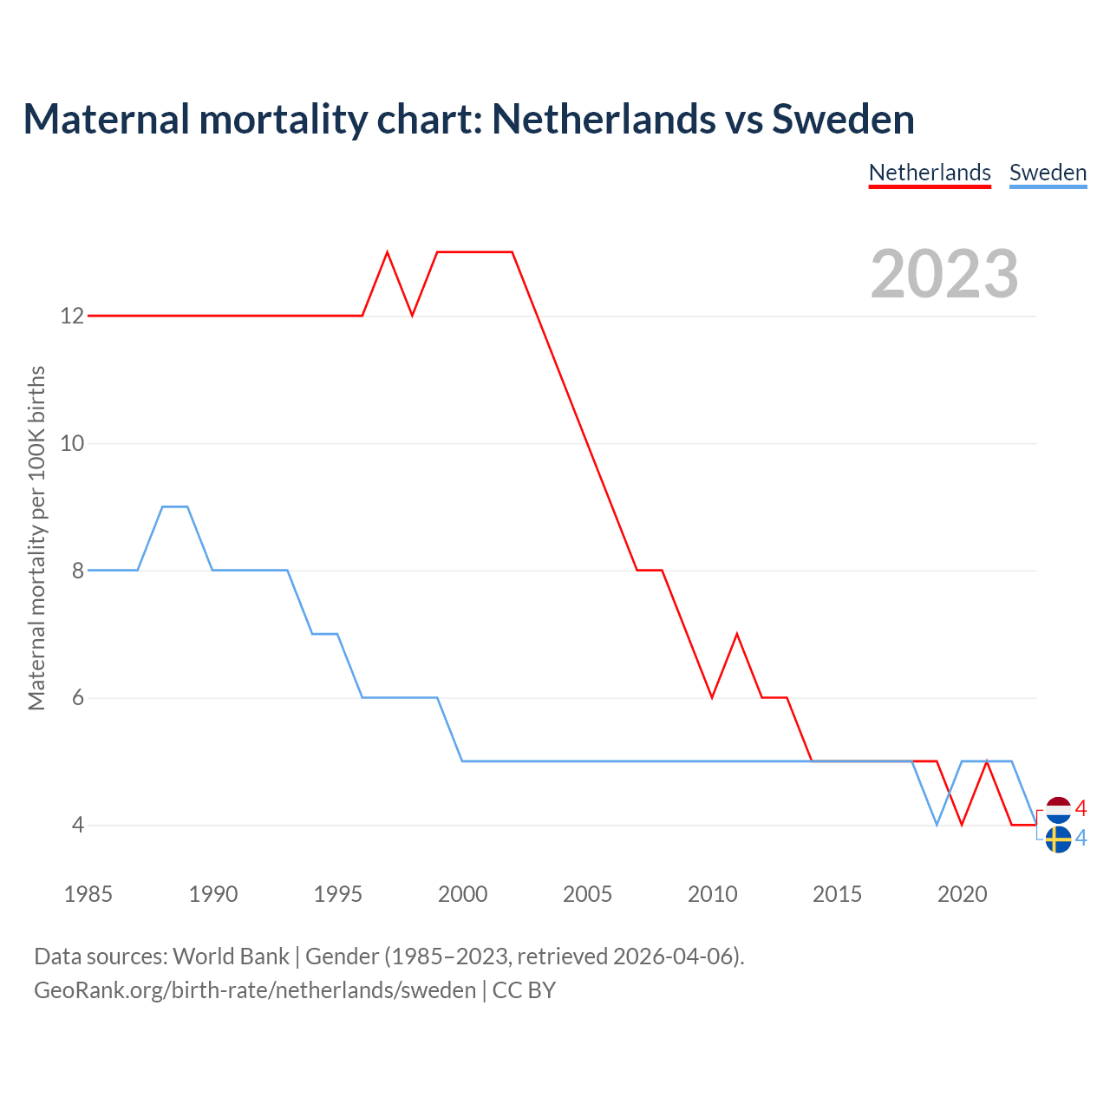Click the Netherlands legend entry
tap(930, 173)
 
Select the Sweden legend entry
tap(1048, 173)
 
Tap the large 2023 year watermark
tap(944, 274)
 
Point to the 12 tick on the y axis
tap(72, 317)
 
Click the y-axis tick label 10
tap(72, 444)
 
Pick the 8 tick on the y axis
tap(77, 571)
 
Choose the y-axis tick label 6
tap(77, 698)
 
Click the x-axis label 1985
tap(88, 894)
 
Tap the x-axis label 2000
tap(462, 894)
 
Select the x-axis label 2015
tap(837, 894)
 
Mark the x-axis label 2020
tap(962, 894)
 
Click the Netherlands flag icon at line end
tap(1059, 810)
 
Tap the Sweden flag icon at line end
tap(1058, 839)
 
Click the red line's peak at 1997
tap(388, 252)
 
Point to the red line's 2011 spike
tap(737, 635)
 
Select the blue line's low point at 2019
tap(937, 824)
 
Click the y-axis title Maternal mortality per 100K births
tap(36, 538)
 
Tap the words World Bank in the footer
tap(231, 957)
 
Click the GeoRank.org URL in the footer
tap(255, 990)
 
